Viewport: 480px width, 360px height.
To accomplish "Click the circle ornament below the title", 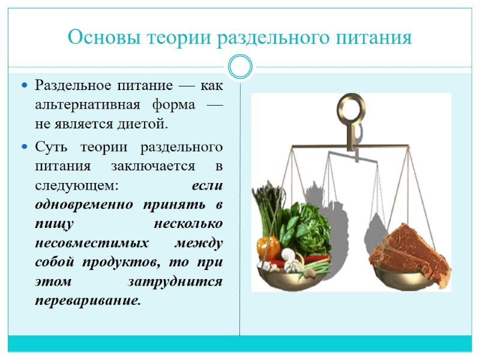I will (240, 67).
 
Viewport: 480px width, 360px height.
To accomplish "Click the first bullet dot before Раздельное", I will (25, 86).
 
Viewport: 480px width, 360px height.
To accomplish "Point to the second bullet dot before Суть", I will (25, 147).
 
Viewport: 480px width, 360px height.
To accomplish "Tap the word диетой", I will (143, 125).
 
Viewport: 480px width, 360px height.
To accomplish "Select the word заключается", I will (161, 166).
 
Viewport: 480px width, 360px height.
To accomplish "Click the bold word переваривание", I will (88, 300).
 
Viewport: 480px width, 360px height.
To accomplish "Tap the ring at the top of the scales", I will (353, 109).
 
